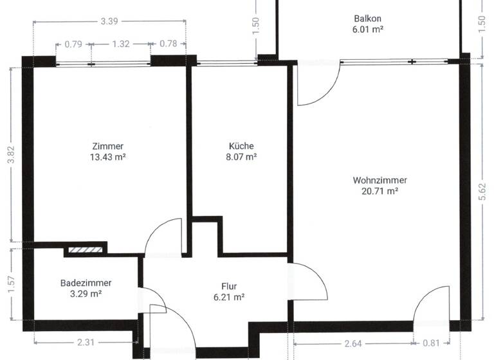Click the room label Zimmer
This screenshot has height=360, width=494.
pos(107,146)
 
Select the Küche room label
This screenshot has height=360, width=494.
pos(241,146)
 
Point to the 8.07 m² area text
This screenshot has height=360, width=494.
pos(241,156)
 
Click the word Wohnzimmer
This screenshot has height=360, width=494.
pos(380,180)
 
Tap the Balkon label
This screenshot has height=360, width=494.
pos(367,19)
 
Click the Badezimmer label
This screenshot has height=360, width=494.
pos(86,283)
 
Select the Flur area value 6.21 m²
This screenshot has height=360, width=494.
pos(228,297)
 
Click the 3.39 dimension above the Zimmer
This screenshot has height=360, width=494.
pos(109,21)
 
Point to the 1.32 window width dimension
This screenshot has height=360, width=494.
pos(121,44)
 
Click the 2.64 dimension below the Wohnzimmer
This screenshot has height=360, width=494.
pos(353,343)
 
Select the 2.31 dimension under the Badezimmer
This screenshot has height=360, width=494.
pos(84,343)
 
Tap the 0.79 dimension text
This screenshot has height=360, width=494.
pos(73,44)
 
